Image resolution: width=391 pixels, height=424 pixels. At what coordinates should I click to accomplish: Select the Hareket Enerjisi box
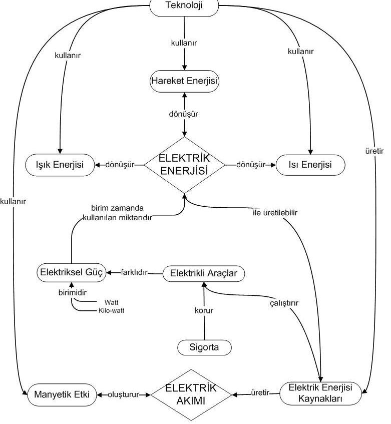[184, 81]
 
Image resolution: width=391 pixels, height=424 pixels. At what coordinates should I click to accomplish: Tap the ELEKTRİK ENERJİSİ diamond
[184, 165]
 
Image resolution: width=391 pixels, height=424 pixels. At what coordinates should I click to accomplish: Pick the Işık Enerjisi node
[60, 165]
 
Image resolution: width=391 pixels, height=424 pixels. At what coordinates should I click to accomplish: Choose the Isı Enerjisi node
[310, 165]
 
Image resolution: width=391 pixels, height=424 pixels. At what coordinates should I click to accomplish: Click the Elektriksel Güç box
[72, 272]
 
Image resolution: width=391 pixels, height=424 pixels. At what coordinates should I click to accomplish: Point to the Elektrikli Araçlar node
[204, 273]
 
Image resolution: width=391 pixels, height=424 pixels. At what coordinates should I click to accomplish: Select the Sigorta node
[204, 347]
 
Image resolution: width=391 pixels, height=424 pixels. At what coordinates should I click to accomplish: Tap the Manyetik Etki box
[62, 394]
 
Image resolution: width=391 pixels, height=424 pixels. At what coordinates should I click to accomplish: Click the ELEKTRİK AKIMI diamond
[191, 395]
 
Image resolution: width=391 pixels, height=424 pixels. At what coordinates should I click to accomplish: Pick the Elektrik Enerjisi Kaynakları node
[320, 393]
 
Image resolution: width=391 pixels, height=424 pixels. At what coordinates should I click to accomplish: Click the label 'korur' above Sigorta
[204, 310]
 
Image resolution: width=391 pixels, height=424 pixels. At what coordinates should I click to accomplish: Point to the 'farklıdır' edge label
[134, 272]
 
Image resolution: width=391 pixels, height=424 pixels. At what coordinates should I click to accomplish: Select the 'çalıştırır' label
[284, 303]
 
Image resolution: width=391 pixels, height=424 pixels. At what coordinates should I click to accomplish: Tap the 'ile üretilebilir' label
[275, 213]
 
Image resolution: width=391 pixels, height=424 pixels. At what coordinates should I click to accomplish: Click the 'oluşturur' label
[123, 395]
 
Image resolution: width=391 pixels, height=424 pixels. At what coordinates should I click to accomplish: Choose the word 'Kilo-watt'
[112, 311]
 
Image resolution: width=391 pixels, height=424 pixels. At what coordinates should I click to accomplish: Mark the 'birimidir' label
[73, 292]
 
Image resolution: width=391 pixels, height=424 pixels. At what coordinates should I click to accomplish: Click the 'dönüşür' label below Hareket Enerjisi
[183, 114]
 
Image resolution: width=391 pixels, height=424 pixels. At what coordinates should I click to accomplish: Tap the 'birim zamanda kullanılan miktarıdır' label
[117, 213]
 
